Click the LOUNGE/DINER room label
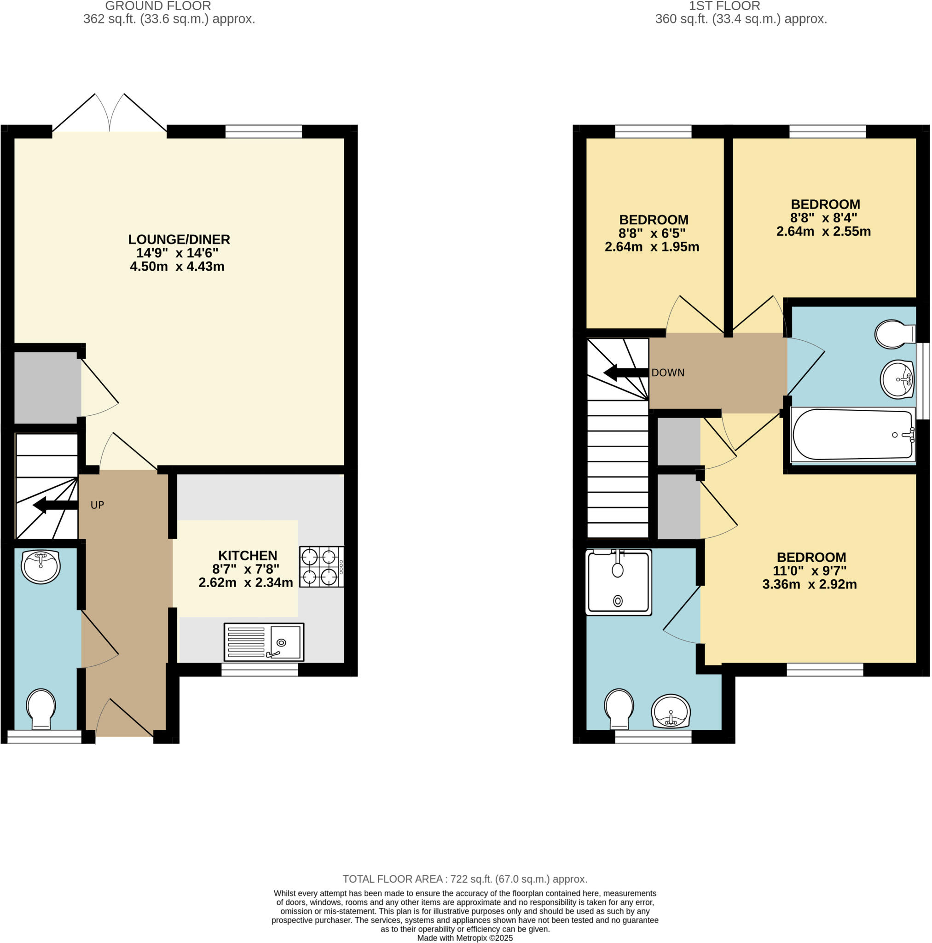pyautogui.click(x=179, y=239)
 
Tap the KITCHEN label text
pyautogui.click(x=248, y=555)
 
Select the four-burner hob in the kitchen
pyautogui.click(x=321, y=567)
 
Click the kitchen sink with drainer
pyautogui.click(x=264, y=642)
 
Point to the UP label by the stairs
pyautogui.click(x=97, y=505)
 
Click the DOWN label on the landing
pyautogui.click(x=667, y=373)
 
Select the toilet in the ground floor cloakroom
pyautogui.click(x=41, y=708)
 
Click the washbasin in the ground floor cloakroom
pyautogui.click(x=41, y=566)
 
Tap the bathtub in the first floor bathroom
pyautogui.click(x=852, y=435)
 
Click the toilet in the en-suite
pyautogui.click(x=619, y=708)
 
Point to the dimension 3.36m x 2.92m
pyautogui.click(x=810, y=584)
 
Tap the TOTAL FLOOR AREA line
pyautogui.click(x=464, y=879)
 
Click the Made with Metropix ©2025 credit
pyautogui.click(x=464, y=938)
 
